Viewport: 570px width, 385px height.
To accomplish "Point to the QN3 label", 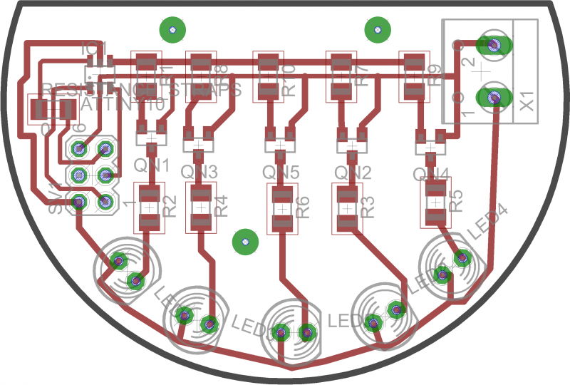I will pos(199,172).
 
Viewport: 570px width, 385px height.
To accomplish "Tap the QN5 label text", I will pos(280,172).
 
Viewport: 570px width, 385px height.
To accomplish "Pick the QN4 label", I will pos(431,174).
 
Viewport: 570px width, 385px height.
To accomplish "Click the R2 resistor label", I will pos(170,206).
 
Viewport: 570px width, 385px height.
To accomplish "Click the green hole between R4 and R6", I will pos(244,242).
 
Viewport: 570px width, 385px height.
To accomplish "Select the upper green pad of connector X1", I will pos(493,45).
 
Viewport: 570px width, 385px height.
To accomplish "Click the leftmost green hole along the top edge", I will pos(172,30).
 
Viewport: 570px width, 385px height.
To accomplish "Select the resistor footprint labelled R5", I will pos(435,202).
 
